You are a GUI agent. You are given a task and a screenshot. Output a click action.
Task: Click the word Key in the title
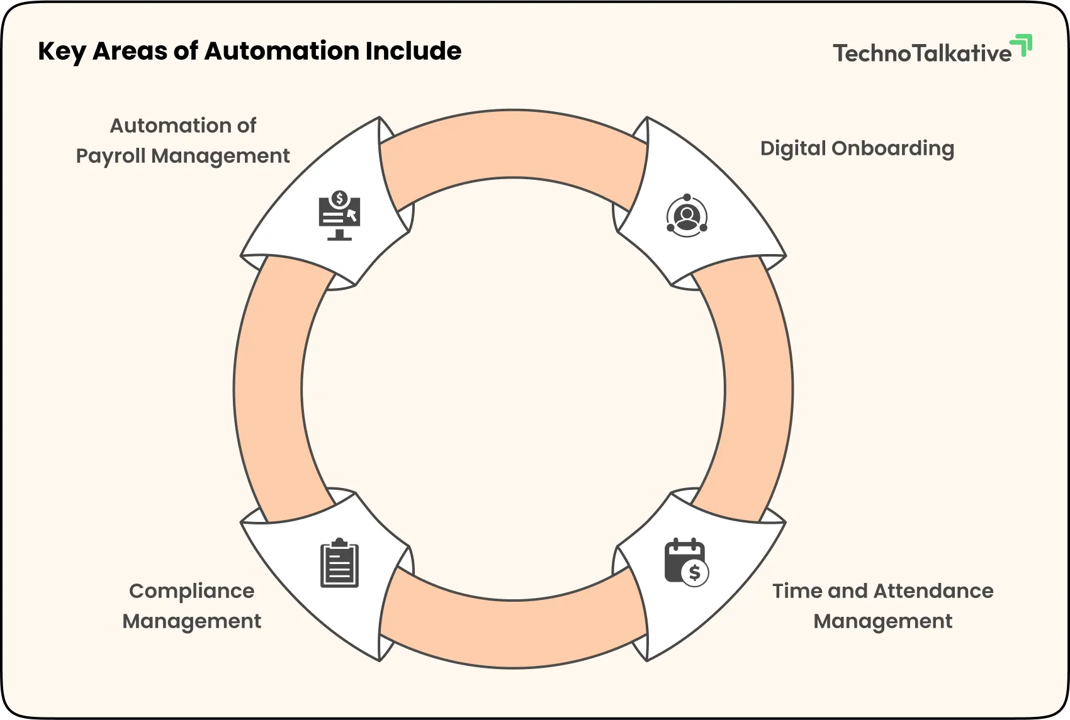(x=61, y=52)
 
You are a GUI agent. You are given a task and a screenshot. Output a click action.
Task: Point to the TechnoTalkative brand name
(x=921, y=53)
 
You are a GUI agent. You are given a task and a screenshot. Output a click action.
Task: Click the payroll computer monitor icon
(x=339, y=217)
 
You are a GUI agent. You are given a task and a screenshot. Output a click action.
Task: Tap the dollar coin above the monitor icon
(x=340, y=199)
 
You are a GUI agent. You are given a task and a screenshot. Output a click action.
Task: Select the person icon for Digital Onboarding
(x=687, y=216)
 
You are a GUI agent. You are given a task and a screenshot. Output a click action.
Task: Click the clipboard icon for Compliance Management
(x=339, y=563)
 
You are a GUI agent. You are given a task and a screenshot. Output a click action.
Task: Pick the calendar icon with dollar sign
(x=685, y=562)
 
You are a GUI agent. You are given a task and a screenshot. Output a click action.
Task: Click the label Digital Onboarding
(x=857, y=148)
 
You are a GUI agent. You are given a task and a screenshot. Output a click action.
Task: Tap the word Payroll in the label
(x=111, y=156)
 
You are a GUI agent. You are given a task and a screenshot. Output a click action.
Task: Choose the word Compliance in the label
(x=191, y=591)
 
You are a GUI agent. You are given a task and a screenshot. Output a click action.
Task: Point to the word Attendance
(x=933, y=591)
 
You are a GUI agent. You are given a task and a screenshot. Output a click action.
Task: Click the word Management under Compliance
(x=191, y=621)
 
